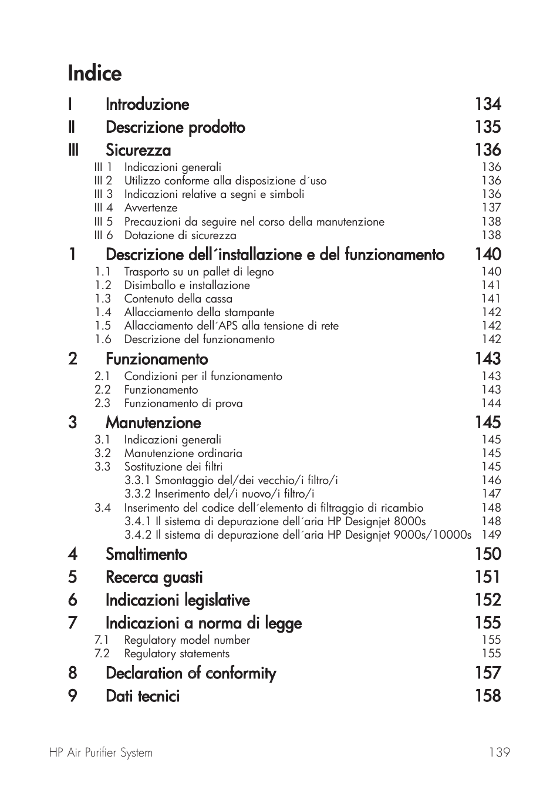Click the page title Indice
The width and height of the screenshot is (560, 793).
[x=95, y=73]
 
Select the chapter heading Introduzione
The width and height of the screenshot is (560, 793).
[x=147, y=105]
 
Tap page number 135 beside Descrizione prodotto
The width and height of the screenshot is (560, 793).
[x=488, y=127]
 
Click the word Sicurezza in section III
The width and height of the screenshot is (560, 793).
[x=139, y=150]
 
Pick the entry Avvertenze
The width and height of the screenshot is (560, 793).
[x=151, y=208]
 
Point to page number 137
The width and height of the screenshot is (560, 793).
[x=491, y=207]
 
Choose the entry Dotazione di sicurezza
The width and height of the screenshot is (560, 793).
[x=180, y=236]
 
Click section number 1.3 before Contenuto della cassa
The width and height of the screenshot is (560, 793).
[x=103, y=299]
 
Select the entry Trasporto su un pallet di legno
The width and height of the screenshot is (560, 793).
[x=198, y=272]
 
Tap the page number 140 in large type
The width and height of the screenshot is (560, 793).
[x=488, y=254]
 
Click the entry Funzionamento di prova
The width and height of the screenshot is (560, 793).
[x=183, y=404]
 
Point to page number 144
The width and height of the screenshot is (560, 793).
[x=491, y=404]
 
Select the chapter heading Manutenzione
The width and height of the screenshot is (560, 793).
[x=153, y=423]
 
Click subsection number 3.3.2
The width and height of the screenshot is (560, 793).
[x=137, y=494]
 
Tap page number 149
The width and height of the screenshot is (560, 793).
[x=491, y=535]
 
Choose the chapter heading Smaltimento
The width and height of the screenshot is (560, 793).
[x=146, y=555]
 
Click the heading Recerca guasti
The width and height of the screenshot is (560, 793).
[x=154, y=577]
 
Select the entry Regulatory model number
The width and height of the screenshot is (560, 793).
[x=187, y=640]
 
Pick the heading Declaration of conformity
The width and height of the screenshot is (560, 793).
[x=191, y=673]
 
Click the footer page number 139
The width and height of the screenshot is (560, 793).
[x=499, y=752]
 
